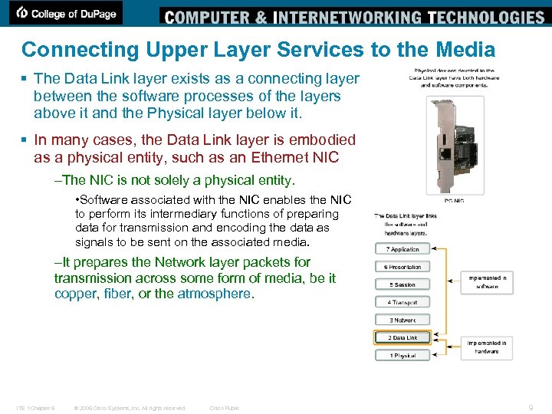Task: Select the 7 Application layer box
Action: coord(402,249)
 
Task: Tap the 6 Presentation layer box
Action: coord(402,267)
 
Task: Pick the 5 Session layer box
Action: coord(402,284)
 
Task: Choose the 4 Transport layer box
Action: coord(402,302)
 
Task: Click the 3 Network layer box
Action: coord(402,320)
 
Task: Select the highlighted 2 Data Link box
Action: coord(402,337)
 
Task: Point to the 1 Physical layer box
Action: coord(402,355)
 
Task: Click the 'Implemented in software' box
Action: coord(487,282)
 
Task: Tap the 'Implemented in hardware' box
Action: coord(487,347)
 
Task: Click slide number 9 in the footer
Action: coord(531,408)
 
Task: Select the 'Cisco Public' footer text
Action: coord(225,408)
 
